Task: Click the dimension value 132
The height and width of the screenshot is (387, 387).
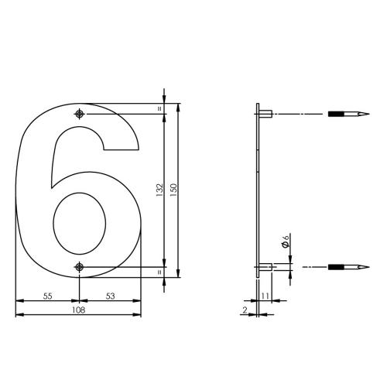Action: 158,190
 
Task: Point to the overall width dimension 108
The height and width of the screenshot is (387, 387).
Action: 77,310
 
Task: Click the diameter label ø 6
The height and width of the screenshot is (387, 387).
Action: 286,241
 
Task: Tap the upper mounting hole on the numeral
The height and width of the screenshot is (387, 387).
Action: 80,115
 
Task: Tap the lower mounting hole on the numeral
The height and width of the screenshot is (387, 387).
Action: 80,268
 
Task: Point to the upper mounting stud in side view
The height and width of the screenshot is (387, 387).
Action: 264,115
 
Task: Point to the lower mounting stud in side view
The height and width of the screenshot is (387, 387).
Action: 264,268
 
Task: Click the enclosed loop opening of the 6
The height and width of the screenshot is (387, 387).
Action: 79,221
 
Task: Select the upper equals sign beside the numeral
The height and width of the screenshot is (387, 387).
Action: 160,109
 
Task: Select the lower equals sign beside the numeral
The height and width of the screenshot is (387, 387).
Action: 160,273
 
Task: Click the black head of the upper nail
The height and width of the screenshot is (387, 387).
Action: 337,115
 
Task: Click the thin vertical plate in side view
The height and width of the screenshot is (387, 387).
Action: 256,193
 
